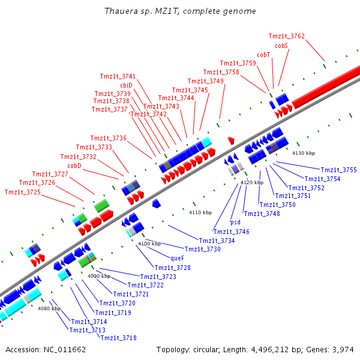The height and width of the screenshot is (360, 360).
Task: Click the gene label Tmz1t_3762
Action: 286,36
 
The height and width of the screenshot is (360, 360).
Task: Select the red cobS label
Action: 281,46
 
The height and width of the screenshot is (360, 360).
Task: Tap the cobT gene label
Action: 263,55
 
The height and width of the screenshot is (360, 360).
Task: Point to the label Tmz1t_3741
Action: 118,76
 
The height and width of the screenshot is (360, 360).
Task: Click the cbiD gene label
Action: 126,85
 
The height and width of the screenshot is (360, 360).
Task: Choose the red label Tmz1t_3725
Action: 22,192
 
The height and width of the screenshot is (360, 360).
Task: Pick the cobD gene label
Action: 74,166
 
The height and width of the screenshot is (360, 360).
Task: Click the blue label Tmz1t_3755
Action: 339,170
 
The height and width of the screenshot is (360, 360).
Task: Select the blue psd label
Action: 235,222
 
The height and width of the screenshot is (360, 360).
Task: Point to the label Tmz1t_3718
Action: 118,338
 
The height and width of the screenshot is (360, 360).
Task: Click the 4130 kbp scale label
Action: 303,154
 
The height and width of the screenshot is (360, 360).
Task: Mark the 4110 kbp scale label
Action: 200,212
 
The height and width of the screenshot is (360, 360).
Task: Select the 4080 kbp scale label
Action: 49,308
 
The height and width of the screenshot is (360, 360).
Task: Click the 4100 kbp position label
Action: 149,244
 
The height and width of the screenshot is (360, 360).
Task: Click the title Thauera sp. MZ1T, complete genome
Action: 180,11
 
